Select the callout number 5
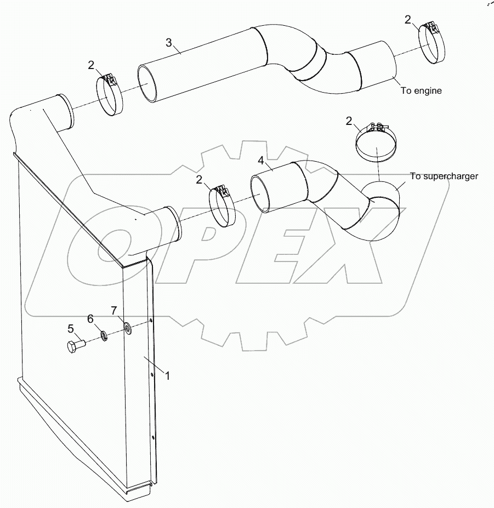70,329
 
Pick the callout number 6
91,319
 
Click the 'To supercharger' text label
444,176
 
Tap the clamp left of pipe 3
110,95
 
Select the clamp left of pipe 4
222,206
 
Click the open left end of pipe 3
146,84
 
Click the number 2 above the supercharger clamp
349,121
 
